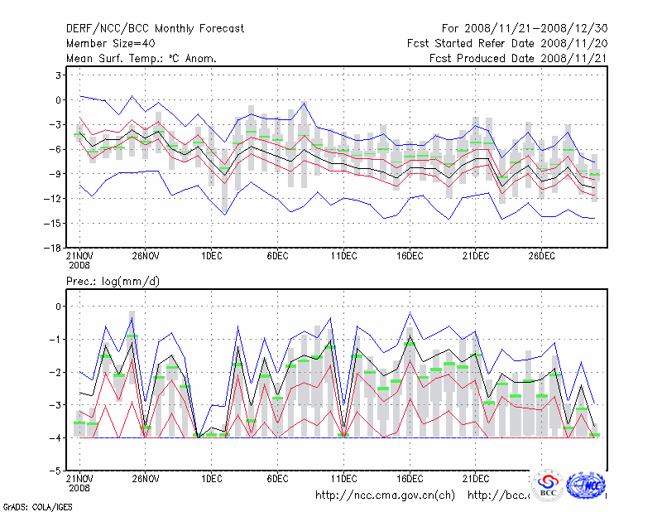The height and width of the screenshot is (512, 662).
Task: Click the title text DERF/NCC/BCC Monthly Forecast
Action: click(x=155, y=29)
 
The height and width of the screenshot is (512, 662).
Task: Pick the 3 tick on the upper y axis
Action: click(x=58, y=75)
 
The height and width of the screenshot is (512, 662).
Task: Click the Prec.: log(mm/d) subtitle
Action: click(x=113, y=282)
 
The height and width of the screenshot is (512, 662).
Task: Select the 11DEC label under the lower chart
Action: click(x=343, y=478)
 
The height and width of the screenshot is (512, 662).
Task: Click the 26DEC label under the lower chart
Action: click(x=541, y=478)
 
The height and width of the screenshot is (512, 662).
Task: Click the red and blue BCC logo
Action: click(x=548, y=485)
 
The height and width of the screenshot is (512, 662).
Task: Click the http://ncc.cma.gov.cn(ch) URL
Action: click(x=385, y=495)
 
